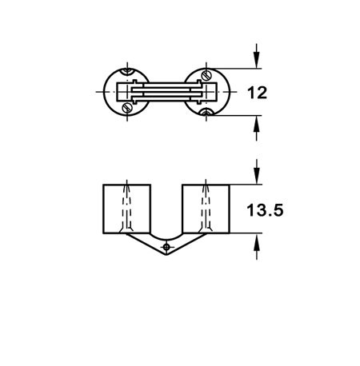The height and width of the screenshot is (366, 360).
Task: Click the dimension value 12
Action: [257, 93]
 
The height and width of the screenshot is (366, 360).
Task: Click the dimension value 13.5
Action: [265, 210]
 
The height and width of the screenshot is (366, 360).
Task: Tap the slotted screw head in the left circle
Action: [127, 108]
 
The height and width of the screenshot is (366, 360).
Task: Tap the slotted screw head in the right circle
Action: [206, 75]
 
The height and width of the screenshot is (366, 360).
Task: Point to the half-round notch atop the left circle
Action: [127, 71]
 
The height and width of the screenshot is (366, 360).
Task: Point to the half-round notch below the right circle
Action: [206, 112]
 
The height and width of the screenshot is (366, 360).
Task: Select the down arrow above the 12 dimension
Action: [256, 55]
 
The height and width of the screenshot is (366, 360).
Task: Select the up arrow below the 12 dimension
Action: [256, 129]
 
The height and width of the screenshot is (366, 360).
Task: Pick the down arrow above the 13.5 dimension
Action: [257, 171]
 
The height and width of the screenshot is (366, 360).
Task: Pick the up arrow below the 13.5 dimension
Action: [257, 247]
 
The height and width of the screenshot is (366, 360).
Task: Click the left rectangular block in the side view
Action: [127, 209]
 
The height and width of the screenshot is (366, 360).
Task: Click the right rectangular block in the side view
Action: [206, 209]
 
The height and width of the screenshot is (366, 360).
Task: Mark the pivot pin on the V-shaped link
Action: [166, 247]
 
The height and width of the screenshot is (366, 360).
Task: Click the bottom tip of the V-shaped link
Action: [166, 255]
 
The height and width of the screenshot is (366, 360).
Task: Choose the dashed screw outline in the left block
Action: [127, 207]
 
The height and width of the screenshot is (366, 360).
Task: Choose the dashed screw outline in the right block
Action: [206, 207]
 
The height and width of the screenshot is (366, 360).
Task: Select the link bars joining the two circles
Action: [166, 92]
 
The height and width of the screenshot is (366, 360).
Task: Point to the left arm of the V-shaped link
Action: [146, 245]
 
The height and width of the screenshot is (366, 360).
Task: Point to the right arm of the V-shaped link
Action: [186, 245]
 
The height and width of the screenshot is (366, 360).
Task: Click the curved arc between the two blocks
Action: [166, 240]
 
